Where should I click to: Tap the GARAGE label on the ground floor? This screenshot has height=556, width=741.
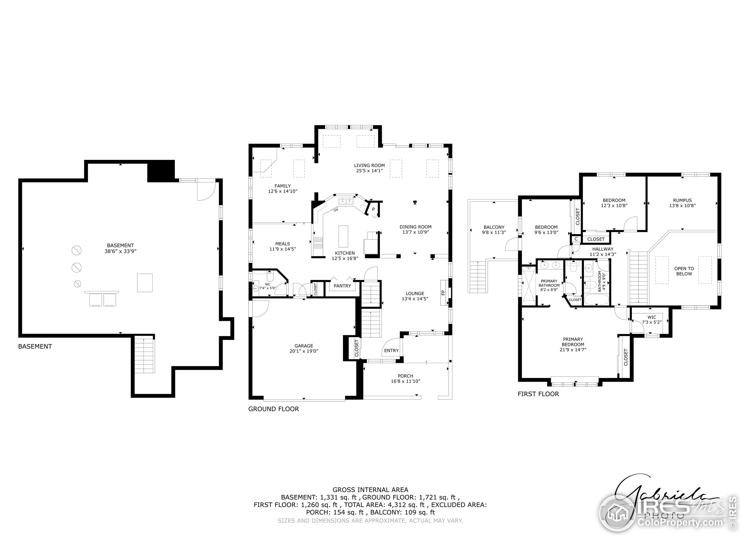(304, 348)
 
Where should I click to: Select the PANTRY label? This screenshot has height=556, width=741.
(342, 286)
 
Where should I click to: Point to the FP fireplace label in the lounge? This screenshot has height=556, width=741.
(443, 292)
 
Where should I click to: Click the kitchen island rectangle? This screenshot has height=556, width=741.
(343, 236)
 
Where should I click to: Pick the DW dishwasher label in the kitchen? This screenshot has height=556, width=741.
(336, 210)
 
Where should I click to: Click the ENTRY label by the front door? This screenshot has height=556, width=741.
(391, 351)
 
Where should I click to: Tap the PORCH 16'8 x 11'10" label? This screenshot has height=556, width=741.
(405, 378)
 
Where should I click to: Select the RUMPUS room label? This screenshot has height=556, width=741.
(682, 203)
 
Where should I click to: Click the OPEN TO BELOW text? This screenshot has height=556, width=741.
(684, 271)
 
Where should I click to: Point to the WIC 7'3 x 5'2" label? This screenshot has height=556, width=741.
(652, 320)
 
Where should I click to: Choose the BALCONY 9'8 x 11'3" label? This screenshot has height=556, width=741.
(494, 230)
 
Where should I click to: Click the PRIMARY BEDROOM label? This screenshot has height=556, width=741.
(573, 344)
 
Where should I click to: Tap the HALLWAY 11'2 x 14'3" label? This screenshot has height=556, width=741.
(603, 251)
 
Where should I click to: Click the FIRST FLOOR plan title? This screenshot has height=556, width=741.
(538, 394)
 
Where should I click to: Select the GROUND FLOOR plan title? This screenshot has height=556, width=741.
(273, 409)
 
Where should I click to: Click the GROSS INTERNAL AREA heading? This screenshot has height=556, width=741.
(370, 490)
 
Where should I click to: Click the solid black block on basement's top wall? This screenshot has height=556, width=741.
(161, 171)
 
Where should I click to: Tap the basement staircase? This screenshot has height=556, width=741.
(145, 355)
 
